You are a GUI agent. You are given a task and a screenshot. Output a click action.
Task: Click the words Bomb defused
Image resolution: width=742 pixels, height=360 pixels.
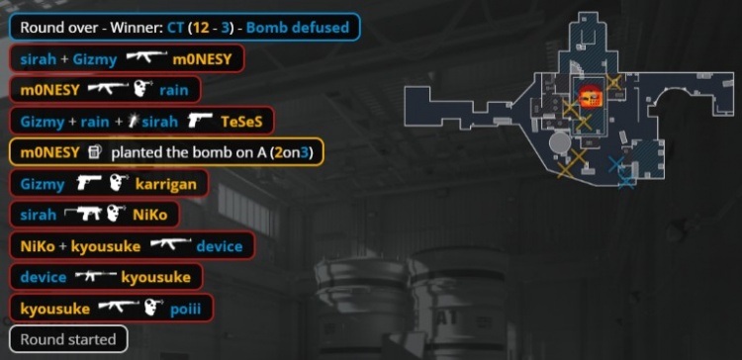pos(298,27)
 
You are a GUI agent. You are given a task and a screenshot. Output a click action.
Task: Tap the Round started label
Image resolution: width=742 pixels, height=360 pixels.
pos(68,339)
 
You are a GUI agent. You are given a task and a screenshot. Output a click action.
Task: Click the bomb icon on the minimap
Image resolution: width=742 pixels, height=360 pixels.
pos(591,98)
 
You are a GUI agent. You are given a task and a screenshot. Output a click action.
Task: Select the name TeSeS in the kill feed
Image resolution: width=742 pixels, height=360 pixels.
pos(241,122)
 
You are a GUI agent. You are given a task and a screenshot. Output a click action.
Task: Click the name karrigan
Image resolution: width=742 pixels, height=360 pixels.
pos(165,184)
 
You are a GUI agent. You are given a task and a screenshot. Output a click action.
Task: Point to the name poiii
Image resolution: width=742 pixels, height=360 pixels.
pos(186,309)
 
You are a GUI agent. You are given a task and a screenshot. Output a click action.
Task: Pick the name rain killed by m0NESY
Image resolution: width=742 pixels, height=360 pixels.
pos(174,90)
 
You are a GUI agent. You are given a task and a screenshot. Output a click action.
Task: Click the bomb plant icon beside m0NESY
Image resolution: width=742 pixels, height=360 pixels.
pos(95,152)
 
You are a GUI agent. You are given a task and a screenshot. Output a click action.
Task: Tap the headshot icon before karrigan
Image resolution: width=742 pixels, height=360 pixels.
pos(117,184)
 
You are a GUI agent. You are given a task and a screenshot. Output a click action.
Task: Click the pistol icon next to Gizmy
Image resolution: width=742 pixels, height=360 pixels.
pos(89,183)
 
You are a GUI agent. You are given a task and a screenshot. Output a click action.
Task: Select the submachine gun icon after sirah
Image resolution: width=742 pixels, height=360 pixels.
pos(82,214)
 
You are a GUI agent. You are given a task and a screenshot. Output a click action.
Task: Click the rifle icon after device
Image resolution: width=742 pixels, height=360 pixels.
pos(96,276)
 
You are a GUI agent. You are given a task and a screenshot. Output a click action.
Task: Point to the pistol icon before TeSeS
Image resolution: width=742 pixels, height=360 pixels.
pos(200,121)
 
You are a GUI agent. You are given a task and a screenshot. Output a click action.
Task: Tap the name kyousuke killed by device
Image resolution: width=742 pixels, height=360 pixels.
pos(155,277)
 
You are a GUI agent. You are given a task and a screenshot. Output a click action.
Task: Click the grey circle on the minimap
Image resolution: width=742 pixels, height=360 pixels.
pos(560,142)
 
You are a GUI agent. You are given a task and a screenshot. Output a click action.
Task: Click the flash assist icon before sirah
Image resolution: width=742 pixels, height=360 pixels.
pos(134,122)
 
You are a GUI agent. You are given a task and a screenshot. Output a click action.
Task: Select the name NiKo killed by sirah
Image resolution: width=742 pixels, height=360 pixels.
pos(149,215)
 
